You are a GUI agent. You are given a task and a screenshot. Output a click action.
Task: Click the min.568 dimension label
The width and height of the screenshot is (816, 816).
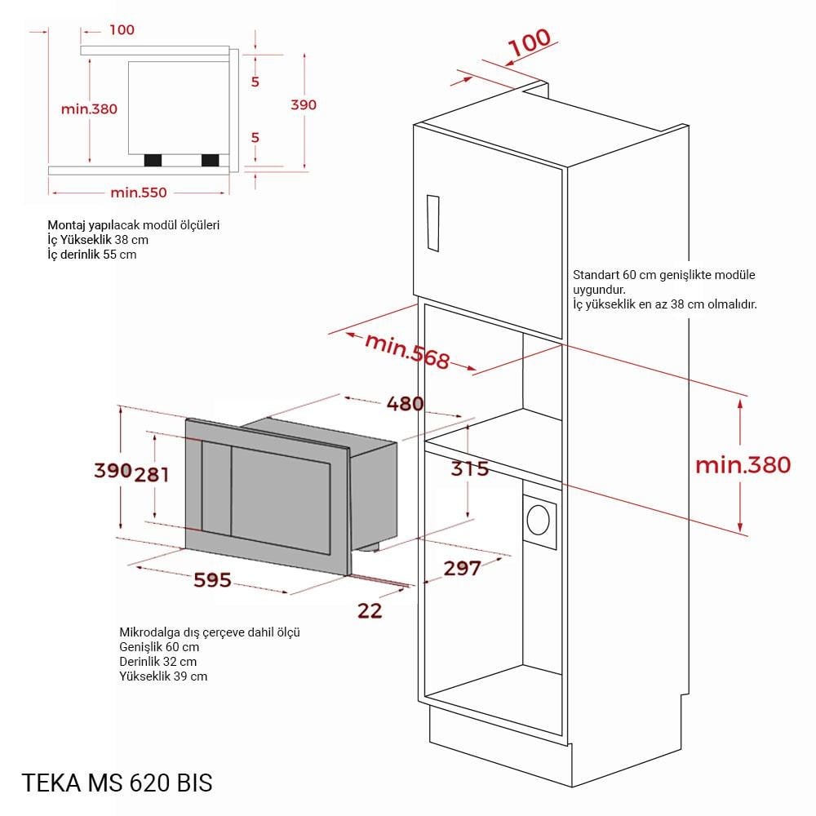tap(407, 351)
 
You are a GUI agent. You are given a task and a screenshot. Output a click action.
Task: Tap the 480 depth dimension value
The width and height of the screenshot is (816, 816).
tap(405, 403)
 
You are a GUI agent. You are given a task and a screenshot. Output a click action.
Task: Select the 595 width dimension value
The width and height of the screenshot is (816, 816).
tap(212, 579)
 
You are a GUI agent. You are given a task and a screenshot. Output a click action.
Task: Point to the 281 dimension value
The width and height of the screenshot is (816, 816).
tap(152, 474)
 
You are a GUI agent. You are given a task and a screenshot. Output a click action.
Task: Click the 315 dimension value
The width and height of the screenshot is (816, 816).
tap(470, 468)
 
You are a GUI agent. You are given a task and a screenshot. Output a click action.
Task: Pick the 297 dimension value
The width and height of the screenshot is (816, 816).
tap(463, 568)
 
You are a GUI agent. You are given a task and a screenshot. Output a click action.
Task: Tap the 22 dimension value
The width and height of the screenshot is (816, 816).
tap(370, 610)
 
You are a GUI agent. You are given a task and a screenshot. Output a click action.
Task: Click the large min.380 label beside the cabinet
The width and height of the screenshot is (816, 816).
tap(743, 465)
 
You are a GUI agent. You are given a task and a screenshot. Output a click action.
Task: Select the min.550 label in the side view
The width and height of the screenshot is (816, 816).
tap(139, 193)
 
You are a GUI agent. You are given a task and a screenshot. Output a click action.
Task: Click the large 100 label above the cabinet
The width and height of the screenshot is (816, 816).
tap(530, 42)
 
